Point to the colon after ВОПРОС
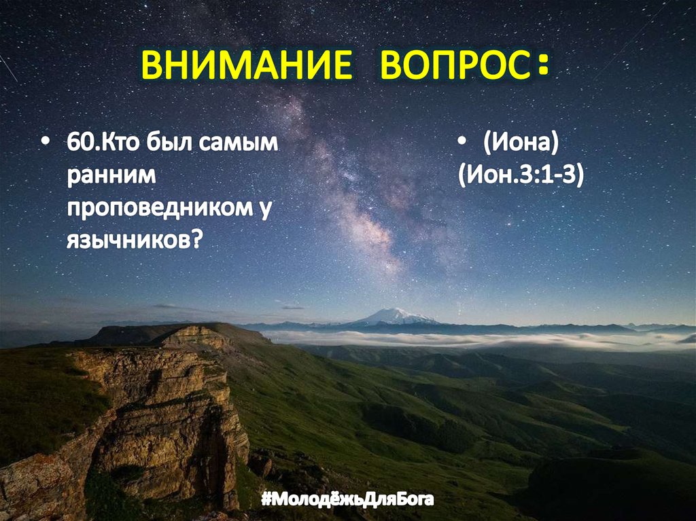coord(542,68)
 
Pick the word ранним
coord(111,177)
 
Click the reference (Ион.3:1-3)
coord(521,177)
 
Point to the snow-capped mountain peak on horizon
coord(396,315)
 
